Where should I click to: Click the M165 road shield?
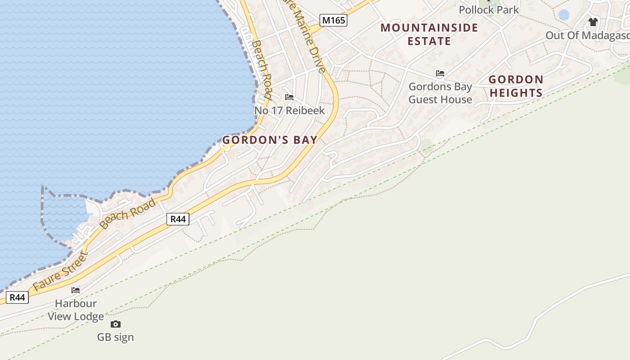(333, 20)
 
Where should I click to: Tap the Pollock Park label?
(489, 9)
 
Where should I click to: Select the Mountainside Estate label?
(429, 34)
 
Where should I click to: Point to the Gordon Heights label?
(516, 86)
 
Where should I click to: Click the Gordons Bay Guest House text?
(440, 93)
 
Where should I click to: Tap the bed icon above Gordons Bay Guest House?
(440, 73)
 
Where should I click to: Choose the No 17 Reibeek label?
(289, 110)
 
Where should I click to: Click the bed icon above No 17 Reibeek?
(289, 97)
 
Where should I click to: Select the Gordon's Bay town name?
(270, 140)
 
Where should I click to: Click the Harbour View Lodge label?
(76, 310)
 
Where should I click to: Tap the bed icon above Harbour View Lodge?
(76, 290)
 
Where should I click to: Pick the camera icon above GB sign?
(116, 324)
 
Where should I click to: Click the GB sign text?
(116, 337)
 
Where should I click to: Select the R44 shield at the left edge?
(18, 297)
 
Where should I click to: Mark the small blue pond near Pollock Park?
(563, 15)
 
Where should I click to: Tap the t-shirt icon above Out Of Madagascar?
(593, 22)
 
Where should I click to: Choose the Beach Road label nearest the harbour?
(128, 213)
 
